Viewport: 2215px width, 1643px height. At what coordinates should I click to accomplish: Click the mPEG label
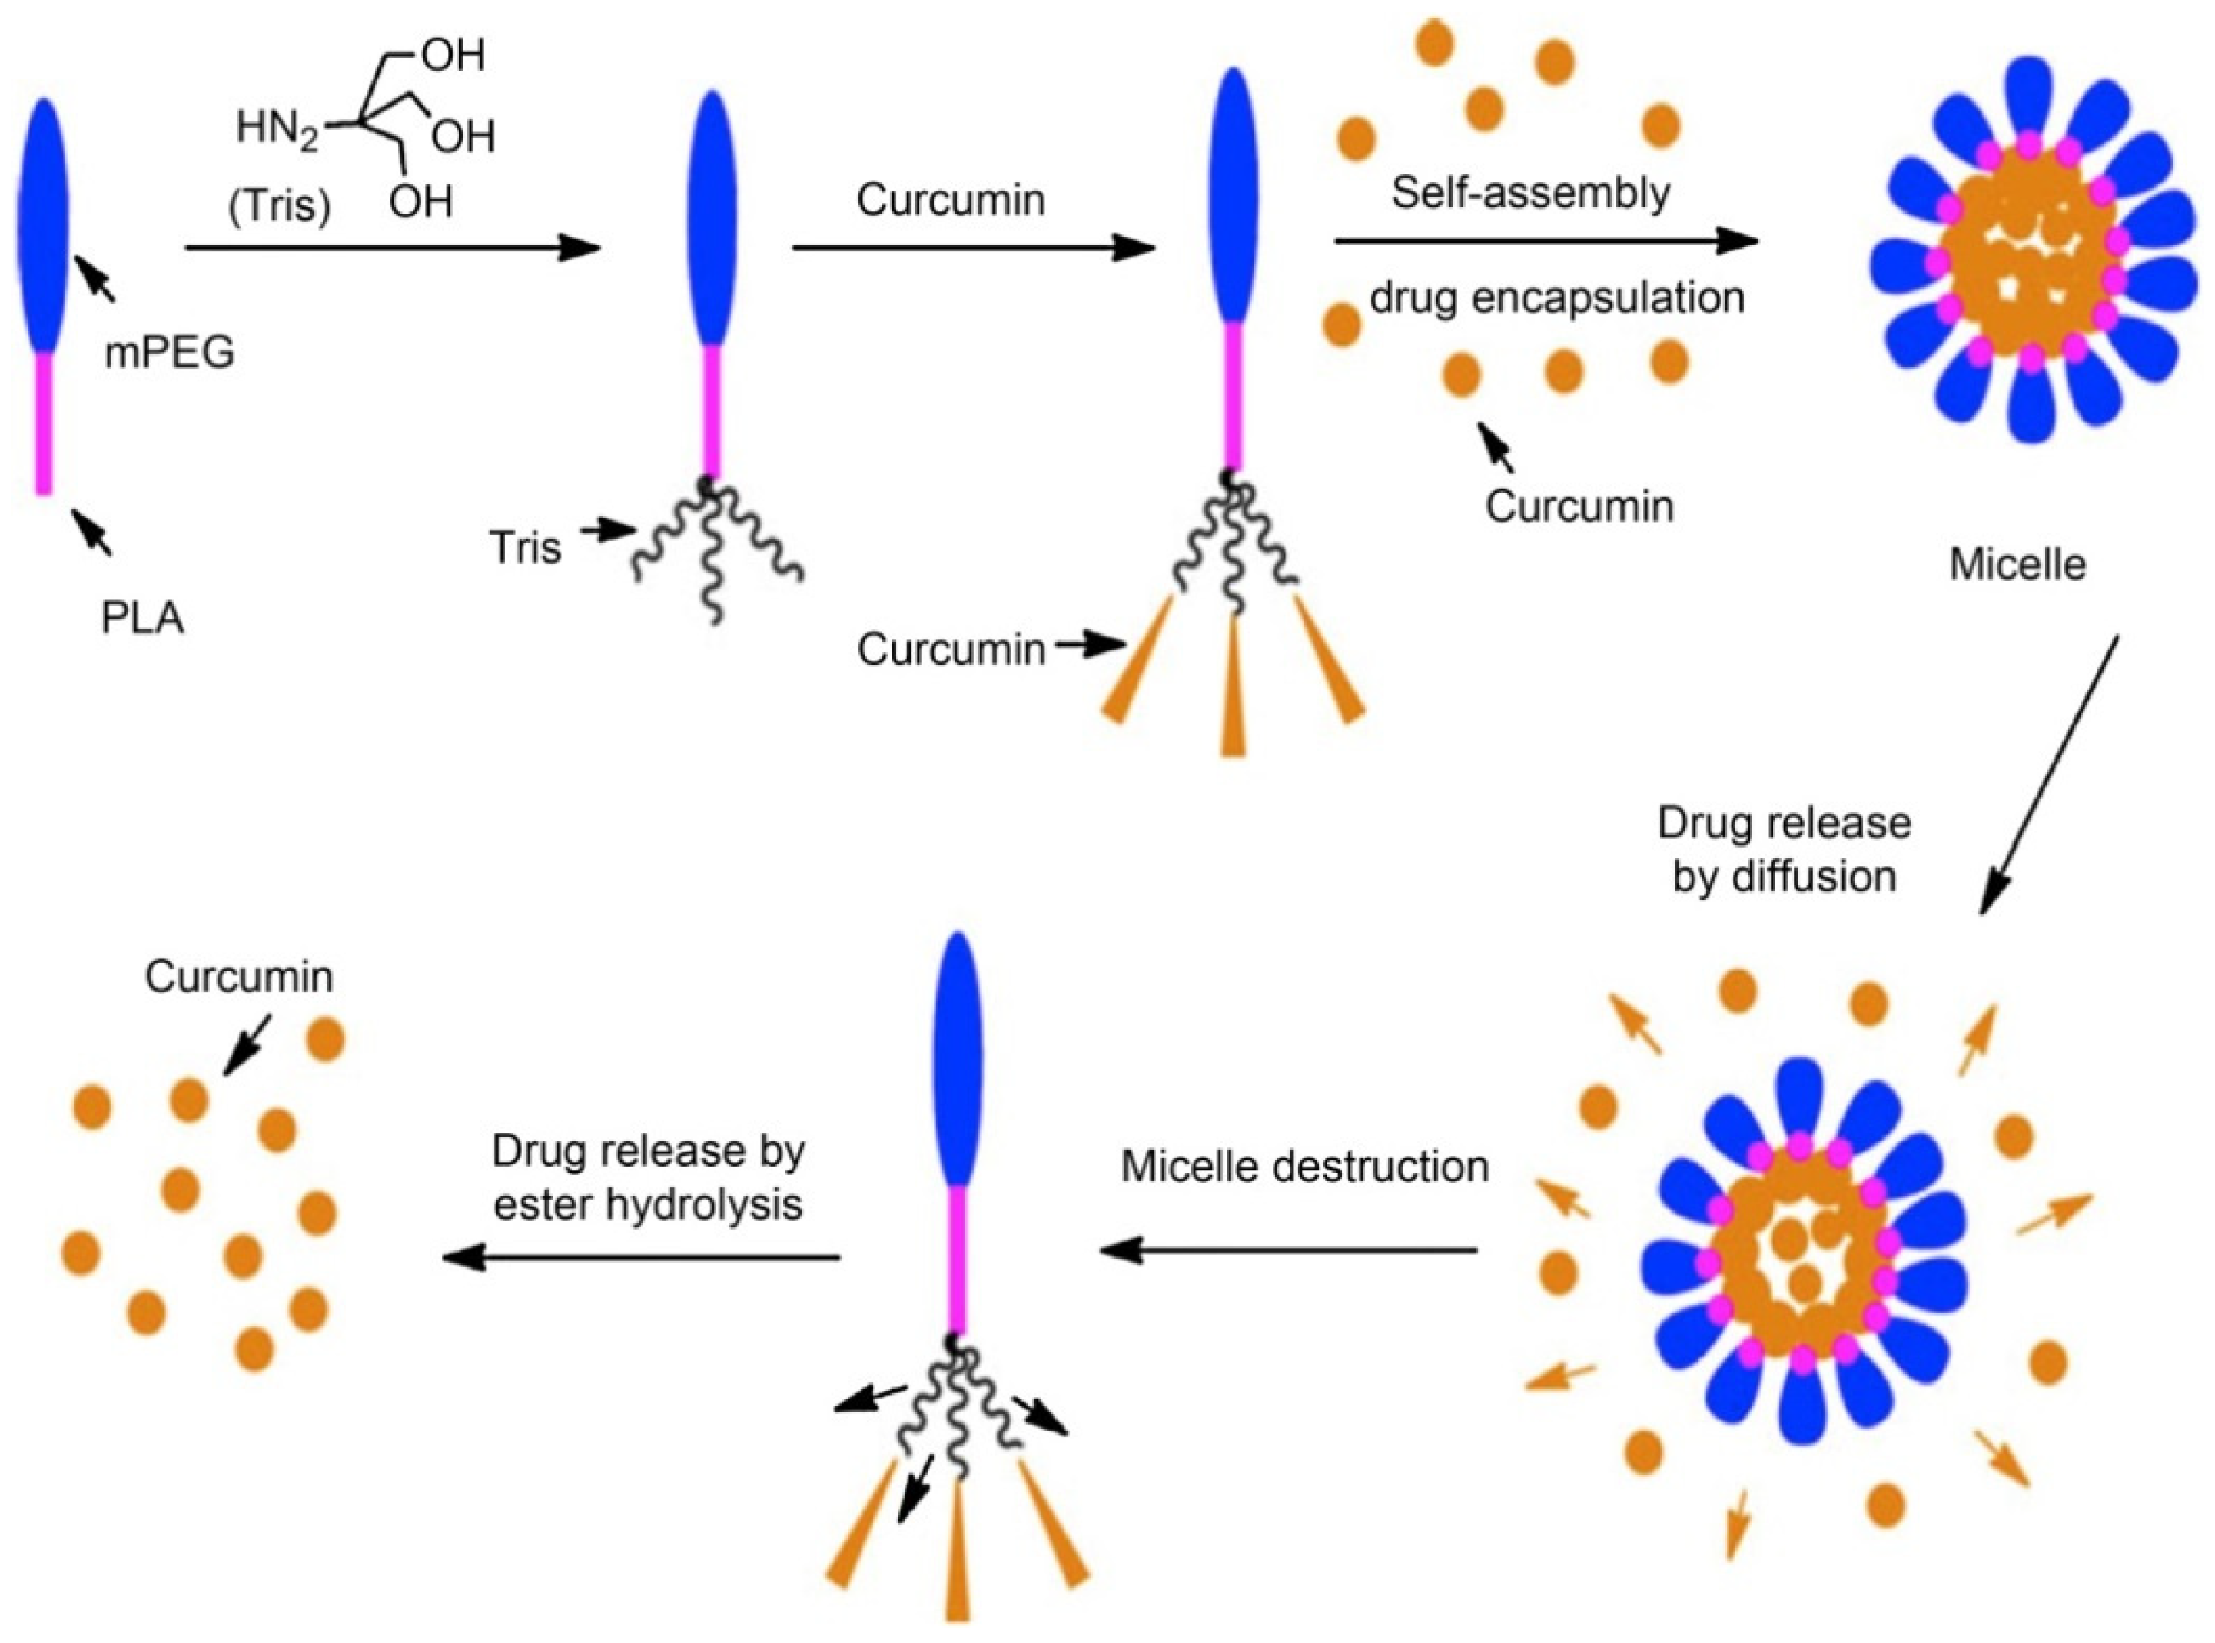point(169,353)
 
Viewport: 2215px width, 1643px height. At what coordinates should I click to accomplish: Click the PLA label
point(142,619)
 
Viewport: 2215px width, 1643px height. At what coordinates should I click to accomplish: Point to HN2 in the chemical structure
point(277,129)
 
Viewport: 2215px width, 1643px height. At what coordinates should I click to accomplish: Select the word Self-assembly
point(1529,193)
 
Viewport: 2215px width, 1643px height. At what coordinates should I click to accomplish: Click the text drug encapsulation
point(1556,297)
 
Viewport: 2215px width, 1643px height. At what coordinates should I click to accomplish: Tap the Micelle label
point(2017,565)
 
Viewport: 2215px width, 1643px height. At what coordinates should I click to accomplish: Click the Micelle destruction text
point(1304,1167)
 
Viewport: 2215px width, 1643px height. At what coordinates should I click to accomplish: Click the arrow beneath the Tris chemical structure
point(393,247)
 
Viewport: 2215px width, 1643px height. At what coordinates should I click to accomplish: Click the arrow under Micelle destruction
point(1288,1250)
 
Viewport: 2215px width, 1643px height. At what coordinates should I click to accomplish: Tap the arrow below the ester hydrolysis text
point(642,1258)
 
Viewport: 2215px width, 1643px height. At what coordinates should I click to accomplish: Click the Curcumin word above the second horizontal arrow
point(951,200)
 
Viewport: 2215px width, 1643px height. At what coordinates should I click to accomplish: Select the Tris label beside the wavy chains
point(525,547)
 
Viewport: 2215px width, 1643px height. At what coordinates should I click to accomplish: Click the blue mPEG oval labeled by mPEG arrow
point(44,224)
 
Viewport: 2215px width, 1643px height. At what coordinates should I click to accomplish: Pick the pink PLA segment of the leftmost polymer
point(44,423)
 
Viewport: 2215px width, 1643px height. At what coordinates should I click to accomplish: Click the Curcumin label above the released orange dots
point(239,977)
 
